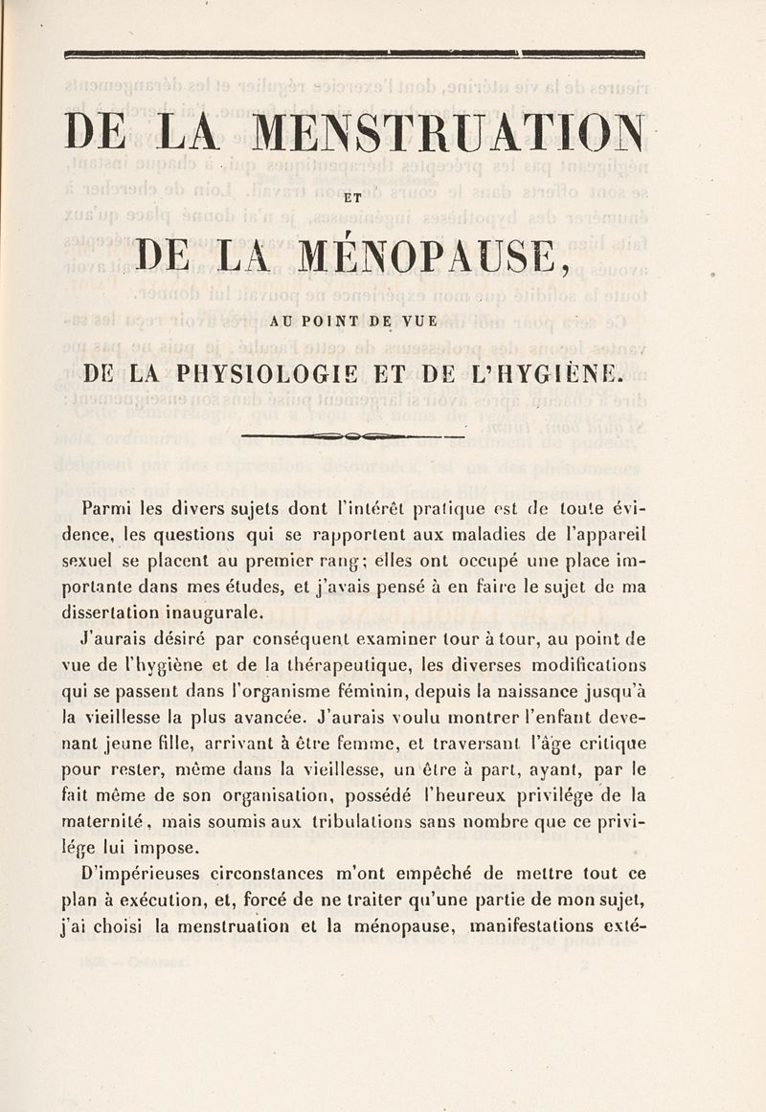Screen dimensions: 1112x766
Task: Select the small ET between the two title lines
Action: tap(351, 199)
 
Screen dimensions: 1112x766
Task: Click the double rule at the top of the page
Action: tap(352, 55)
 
